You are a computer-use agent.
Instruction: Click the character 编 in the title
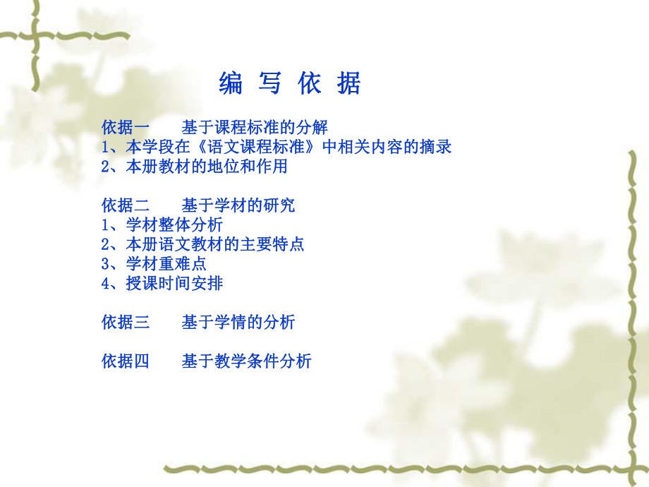point(231,84)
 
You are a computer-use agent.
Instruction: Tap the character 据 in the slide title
point(349,84)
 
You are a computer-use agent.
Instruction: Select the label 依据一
point(126,128)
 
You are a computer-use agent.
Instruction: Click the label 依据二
point(126,205)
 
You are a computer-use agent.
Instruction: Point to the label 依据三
point(126,323)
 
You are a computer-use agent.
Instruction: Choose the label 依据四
point(126,361)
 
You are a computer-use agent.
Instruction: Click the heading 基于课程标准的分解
point(255,128)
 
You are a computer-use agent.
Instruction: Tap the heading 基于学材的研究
point(238,205)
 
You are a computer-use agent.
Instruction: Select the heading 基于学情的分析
point(238,323)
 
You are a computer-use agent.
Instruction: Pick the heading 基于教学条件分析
point(246,361)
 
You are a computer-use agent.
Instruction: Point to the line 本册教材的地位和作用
point(207,167)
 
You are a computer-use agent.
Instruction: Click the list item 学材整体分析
point(174,225)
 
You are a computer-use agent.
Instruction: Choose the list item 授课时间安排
point(174,284)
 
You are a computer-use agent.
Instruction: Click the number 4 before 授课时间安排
point(106,284)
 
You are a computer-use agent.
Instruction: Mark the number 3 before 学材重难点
point(106,264)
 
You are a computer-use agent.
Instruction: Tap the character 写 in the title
point(270,84)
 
